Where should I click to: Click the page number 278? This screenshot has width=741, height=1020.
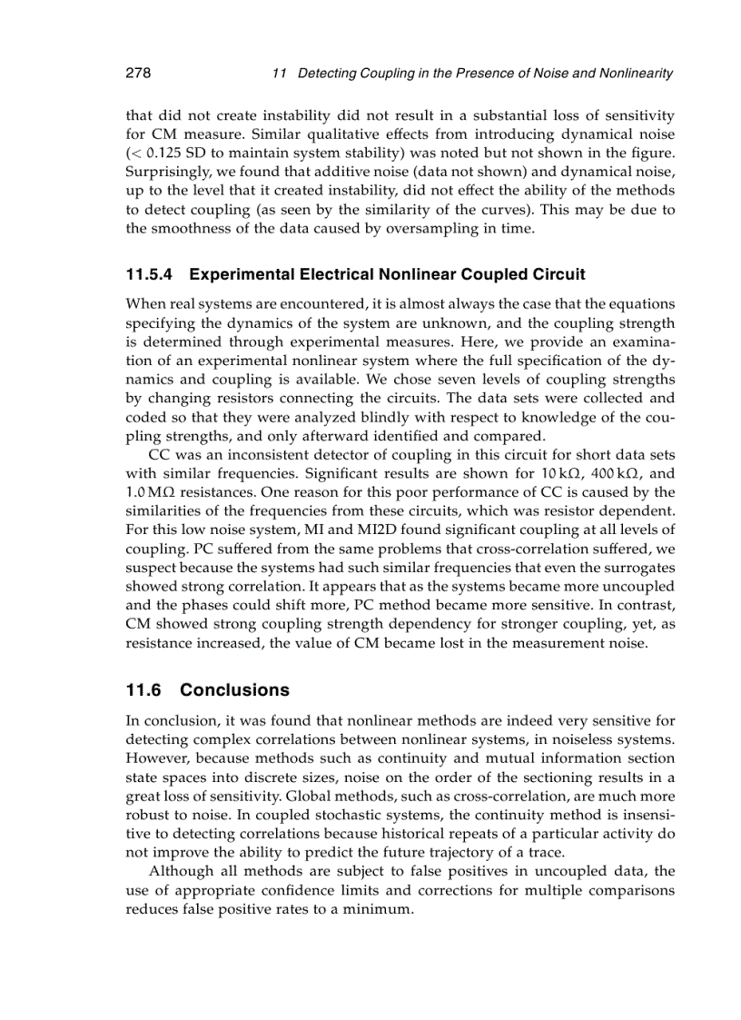tap(137, 73)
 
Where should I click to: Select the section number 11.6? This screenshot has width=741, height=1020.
tap(145, 690)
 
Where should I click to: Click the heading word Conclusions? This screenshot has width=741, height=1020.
tap(234, 690)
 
